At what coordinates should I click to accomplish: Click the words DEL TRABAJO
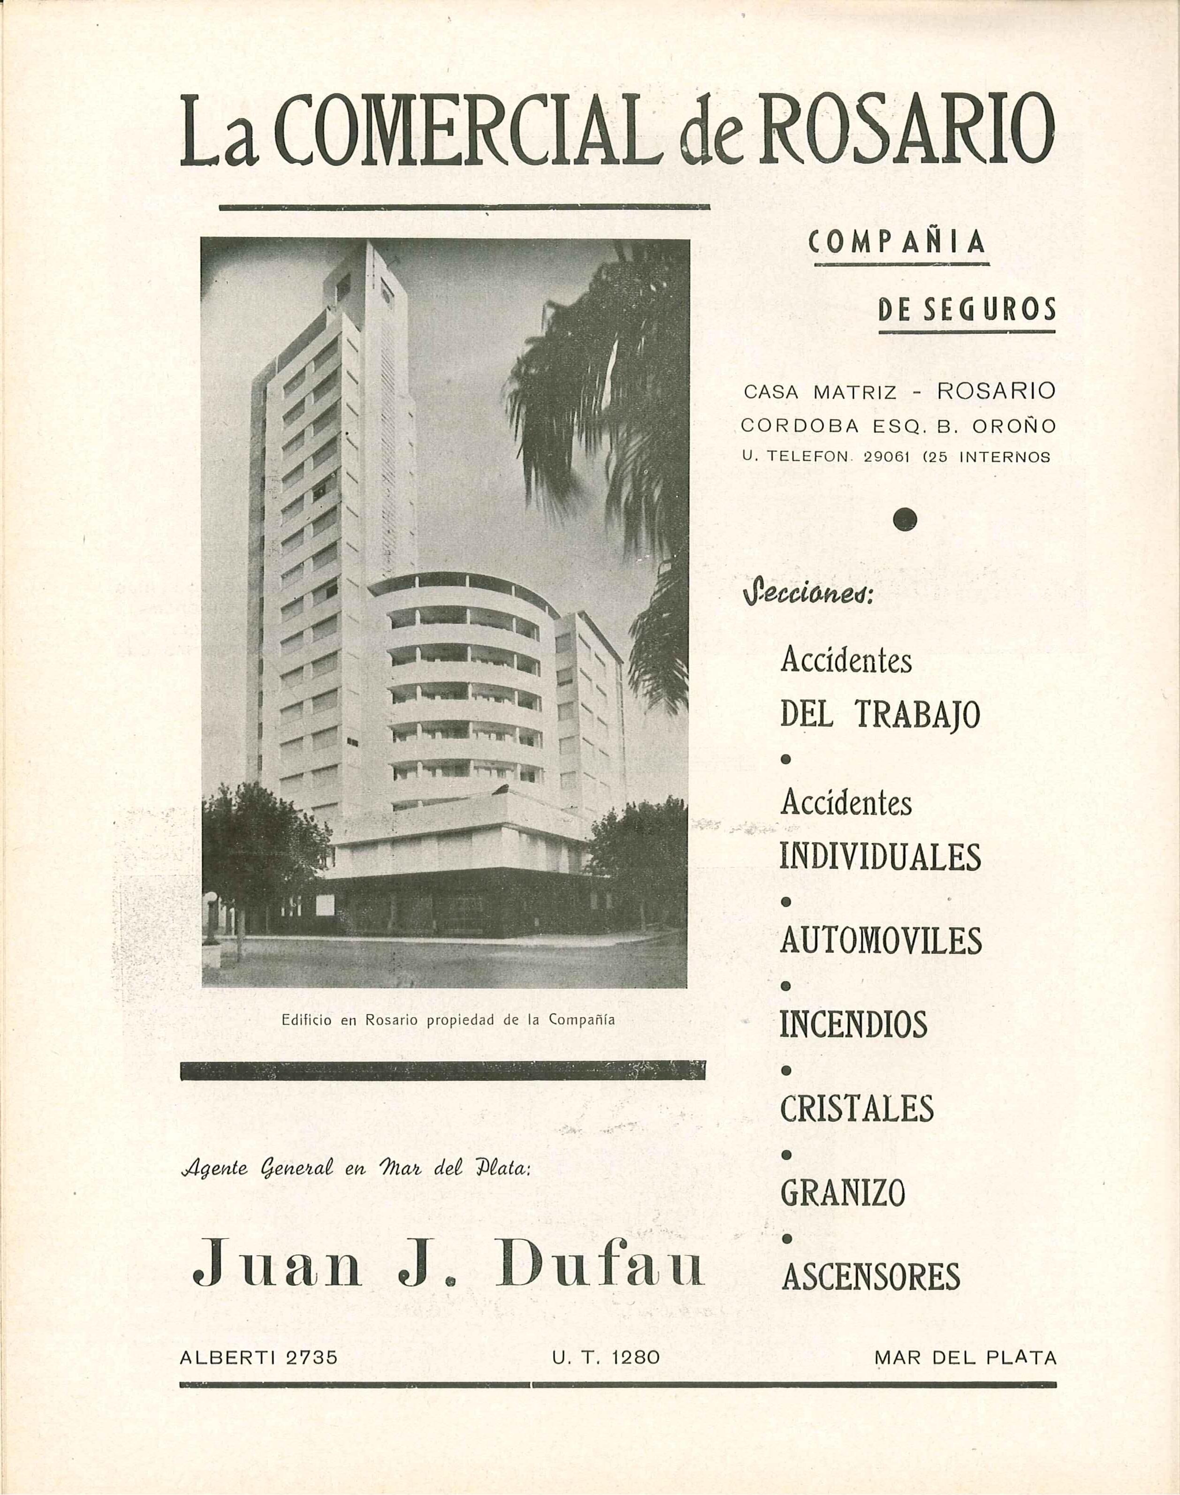pos(879,715)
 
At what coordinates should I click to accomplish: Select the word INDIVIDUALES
pos(880,857)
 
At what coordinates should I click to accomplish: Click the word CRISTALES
pos(857,1109)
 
